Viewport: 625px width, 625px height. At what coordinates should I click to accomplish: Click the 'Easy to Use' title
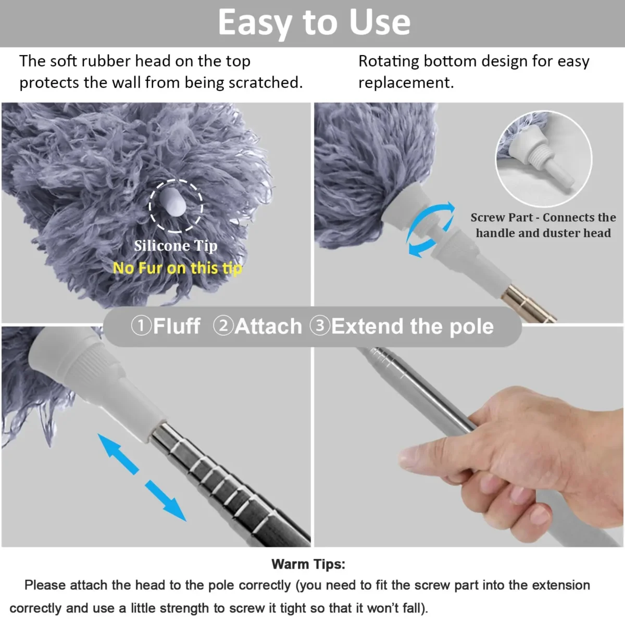click(314, 22)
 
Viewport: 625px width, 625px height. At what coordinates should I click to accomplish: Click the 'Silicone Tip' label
click(176, 245)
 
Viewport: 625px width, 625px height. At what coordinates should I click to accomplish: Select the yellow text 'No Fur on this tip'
click(177, 268)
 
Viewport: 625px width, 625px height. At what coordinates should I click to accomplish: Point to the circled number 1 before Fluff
click(140, 326)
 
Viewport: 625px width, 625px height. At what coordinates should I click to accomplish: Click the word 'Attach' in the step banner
click(268, 327)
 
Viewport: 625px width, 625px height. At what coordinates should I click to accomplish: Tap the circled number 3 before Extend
click(320, 326)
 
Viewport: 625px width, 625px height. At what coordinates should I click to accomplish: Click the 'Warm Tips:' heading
click(308, 564)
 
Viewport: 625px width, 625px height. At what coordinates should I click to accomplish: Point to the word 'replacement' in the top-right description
click(405, 83)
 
